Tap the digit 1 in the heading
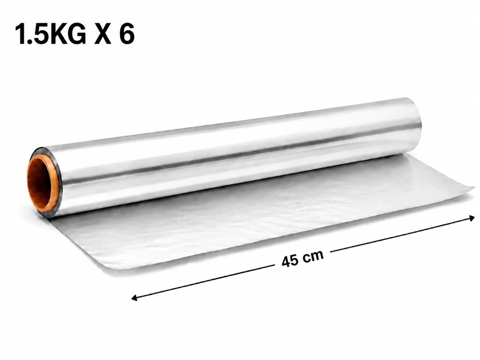coord(22,34)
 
